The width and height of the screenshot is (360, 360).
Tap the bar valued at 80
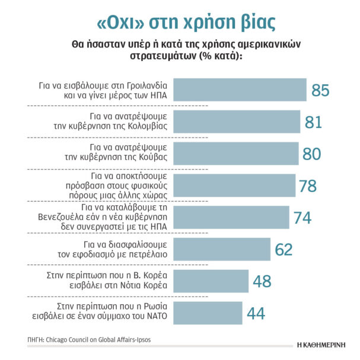237,153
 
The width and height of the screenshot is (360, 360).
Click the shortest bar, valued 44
208,313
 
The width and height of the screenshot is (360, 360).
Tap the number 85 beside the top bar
320,90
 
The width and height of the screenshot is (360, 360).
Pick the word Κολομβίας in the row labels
149,126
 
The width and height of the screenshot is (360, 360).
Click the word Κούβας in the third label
154,158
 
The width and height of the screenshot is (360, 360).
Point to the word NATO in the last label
159,318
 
